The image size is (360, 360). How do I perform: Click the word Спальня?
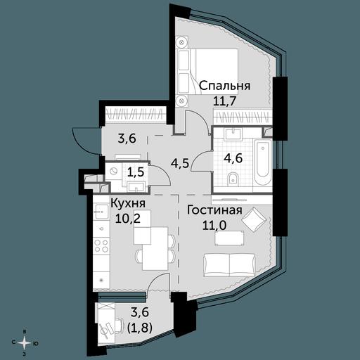(225, 86)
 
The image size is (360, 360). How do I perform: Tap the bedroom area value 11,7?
(224, 101)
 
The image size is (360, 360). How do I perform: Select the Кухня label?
(128, 203)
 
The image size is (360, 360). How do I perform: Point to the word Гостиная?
(214, 210)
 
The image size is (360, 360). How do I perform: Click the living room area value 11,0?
(214, 226)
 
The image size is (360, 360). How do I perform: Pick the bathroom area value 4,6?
(233, 158)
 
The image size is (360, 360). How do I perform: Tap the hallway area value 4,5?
(180, 162)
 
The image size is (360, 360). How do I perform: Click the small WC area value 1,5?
(136, 172)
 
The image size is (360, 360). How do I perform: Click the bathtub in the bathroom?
(262, 162)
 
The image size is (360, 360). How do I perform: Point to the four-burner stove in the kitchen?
(101, 245)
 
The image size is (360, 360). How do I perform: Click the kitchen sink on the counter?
(101, 212)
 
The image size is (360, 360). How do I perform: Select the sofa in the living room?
(229, 264)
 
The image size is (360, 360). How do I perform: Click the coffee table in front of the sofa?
(229, 238)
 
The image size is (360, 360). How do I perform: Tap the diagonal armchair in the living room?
(255, 219)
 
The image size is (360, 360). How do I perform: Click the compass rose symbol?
(24, 343)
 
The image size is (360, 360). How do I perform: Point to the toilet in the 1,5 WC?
(113, 171)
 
